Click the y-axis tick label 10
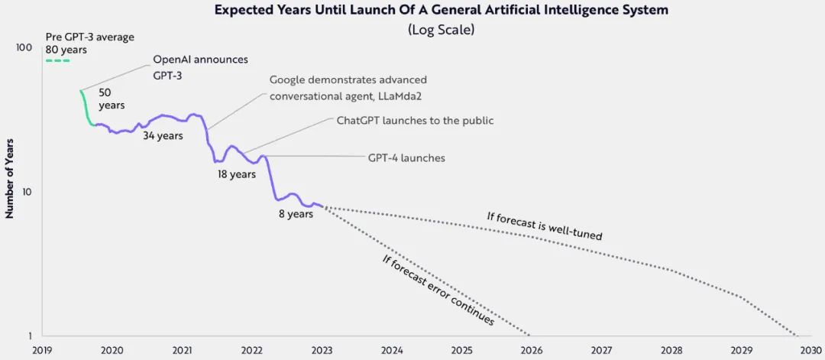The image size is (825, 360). tap(25, 192)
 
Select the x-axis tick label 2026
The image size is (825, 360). tap(532, 350)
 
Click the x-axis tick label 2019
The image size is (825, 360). tap(42, 350)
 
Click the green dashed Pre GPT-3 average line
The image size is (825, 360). tap(57, 60)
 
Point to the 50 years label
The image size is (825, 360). tap(112, 99)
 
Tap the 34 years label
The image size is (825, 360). tap(163, 137)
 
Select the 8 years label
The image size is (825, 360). tap(296, 214)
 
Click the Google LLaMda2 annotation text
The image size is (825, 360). tap(348, 87)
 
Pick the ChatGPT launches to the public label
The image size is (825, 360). tap(415, 120)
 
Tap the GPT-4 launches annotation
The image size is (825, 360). tap(406, 158)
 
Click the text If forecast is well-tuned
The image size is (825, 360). tap(544, 225)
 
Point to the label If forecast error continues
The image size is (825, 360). tap(437, 290)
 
